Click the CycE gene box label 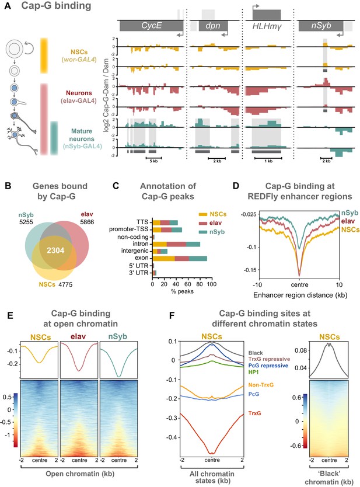152,26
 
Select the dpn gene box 213,26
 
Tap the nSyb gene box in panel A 321,26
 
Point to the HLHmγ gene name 267,26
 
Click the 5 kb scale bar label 153,161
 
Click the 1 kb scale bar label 268,161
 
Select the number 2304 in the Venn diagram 55,250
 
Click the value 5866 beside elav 87,222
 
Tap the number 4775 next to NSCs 65,284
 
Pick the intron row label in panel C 141,244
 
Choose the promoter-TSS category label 129,229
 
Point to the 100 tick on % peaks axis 212,284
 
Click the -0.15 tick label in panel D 251,270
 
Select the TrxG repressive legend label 270,359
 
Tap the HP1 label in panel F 254,372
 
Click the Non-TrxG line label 261,385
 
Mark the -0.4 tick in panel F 172,437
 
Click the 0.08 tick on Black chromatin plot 300,350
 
